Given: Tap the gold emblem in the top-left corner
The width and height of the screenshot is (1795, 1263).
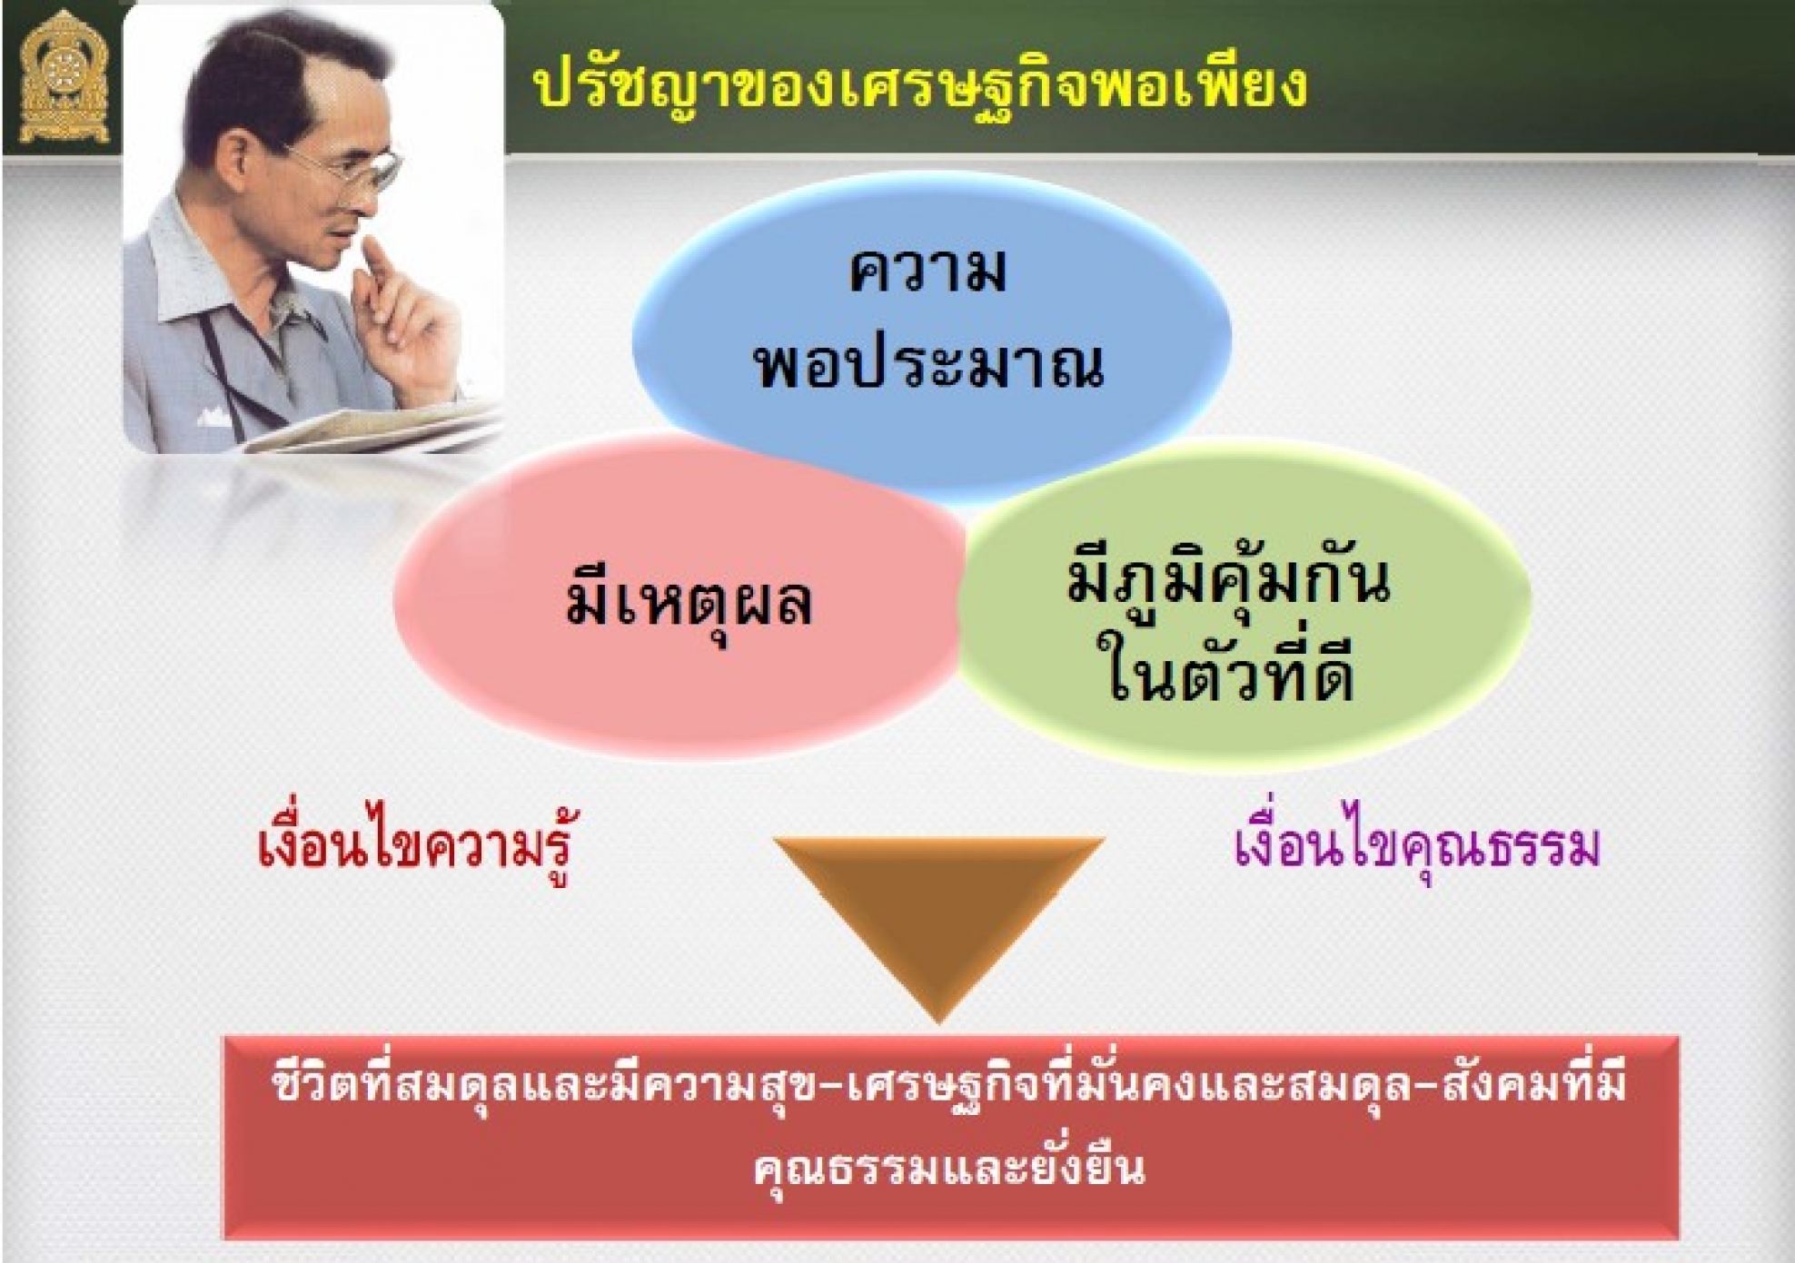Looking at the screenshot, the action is click(64, 78).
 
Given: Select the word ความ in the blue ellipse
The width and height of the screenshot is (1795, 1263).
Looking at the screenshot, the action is click(928, 270).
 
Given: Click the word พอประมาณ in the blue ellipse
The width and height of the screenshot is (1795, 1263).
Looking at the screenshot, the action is click(928, 365).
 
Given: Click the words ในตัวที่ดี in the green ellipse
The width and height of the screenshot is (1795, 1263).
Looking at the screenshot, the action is click(1228, 673).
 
